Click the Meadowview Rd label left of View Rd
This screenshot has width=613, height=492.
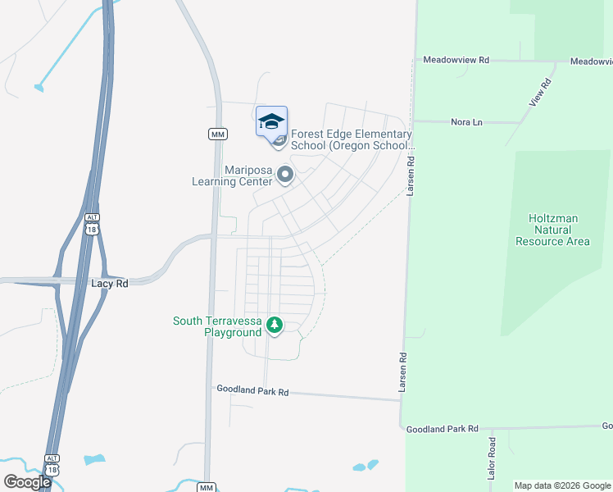click(x=456, y=61)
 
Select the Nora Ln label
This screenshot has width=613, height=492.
click(x=467, y=122)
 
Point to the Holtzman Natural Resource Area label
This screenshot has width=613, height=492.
click(x=552, y=230)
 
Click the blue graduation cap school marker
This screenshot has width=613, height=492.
click(x=271, y=121)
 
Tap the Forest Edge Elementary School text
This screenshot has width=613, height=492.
click(x=351, y=139)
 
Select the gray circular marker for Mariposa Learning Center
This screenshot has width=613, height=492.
click(x=285, y=175)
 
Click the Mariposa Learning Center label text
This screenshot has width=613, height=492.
click(x=232, y=176)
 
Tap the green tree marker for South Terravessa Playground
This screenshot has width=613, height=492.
click(x=275, y=326)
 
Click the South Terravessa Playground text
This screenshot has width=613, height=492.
click(x=216, y=326)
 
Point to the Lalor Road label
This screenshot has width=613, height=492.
click(x=493, y=458)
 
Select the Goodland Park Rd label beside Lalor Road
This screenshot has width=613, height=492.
click(x=442, y=429)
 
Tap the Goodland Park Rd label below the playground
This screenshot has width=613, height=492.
click(x=252, y=392)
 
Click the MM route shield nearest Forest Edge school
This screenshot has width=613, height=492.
click(x=216, y=134)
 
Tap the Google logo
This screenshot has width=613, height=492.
click(x=27, y=482)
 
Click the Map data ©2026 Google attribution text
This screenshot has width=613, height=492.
click(x=562, y=485)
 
